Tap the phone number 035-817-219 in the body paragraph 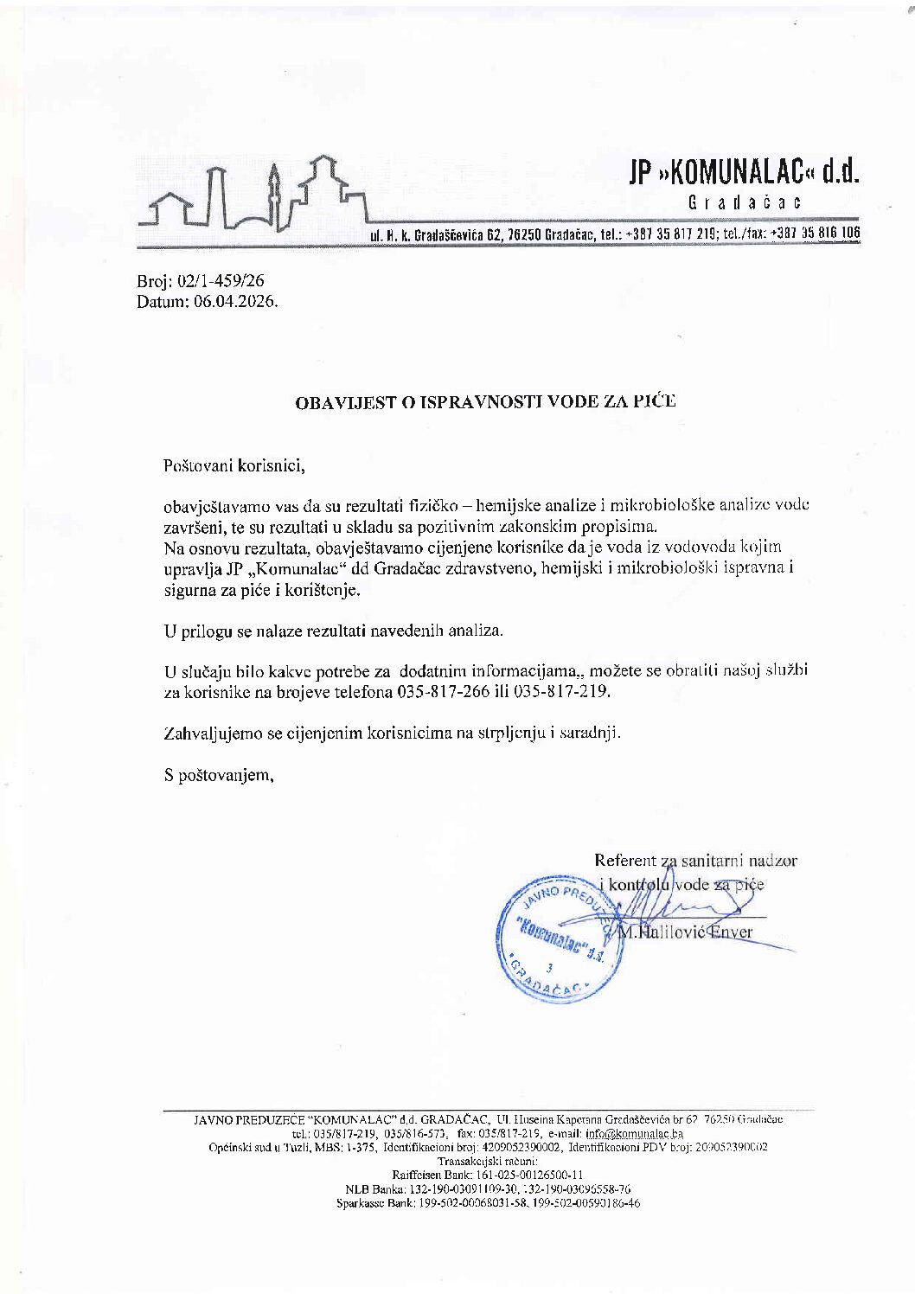coord(563,692)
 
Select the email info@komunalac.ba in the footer coord(634,1132)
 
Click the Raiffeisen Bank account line coord(487,1175)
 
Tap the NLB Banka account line coord(487,1189)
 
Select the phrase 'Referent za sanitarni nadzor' coord(695,861)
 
